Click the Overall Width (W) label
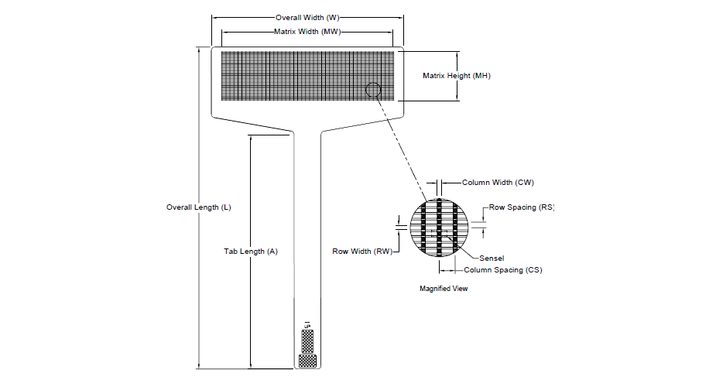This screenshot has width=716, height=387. click(x=307, y=17)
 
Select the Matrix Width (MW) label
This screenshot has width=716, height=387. click(x=307, y=32)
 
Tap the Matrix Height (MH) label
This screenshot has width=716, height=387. click(x=457, y=76)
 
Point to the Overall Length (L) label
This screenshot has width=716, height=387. click(x=199, y=207)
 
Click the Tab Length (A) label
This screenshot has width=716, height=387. click(x=251, y=252)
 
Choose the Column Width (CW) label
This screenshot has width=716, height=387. click(x=498, y=183)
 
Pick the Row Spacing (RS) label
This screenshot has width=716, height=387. click(x=522, y=207)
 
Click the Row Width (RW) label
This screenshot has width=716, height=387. click(x=362, y=252)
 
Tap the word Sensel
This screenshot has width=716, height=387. click(x=492, y=259)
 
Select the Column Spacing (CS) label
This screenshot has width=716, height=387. click(x=503, y=270)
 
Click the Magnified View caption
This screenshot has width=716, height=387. click(x=444, y=289)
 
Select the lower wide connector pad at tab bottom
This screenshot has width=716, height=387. click(x=307, y=361)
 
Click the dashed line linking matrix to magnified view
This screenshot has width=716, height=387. click(x=402, y=149)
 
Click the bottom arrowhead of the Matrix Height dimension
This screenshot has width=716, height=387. click(x=457, y=98)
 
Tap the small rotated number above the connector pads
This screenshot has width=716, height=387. click(x=307, y=325)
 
